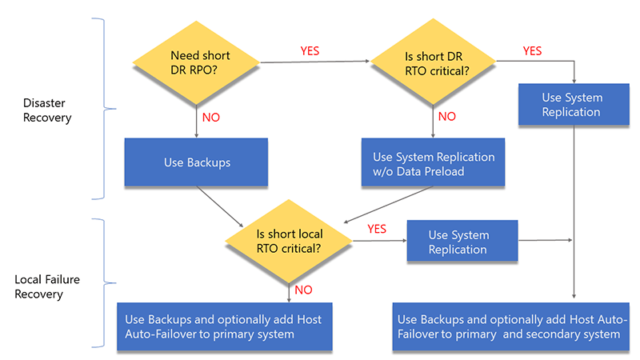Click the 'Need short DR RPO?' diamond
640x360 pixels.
click(195, 64)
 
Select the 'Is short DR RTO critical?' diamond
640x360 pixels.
click(433, 64)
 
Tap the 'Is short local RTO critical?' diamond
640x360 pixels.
click(289, 241)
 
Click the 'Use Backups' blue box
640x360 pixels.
click(197, 162)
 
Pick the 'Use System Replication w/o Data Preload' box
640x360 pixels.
click(434, 164)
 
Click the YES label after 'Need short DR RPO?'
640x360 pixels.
click(310, 50)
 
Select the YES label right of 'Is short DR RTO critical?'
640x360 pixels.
click(532, 50)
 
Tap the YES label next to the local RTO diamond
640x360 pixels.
click(377, 229)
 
